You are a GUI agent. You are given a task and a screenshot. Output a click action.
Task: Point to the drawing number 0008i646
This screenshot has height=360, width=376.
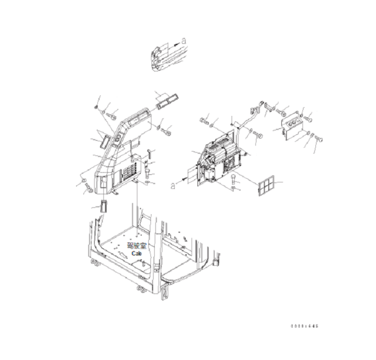click(x=304, y=326)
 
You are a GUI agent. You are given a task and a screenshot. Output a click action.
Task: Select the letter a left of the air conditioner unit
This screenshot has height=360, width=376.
click(x=173, y=186)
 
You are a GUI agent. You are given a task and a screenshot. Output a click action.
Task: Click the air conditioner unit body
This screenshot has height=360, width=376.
click(x=219, y=157)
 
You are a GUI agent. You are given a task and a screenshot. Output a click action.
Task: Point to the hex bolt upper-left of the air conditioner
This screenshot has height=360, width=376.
click(x=204, y=120)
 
